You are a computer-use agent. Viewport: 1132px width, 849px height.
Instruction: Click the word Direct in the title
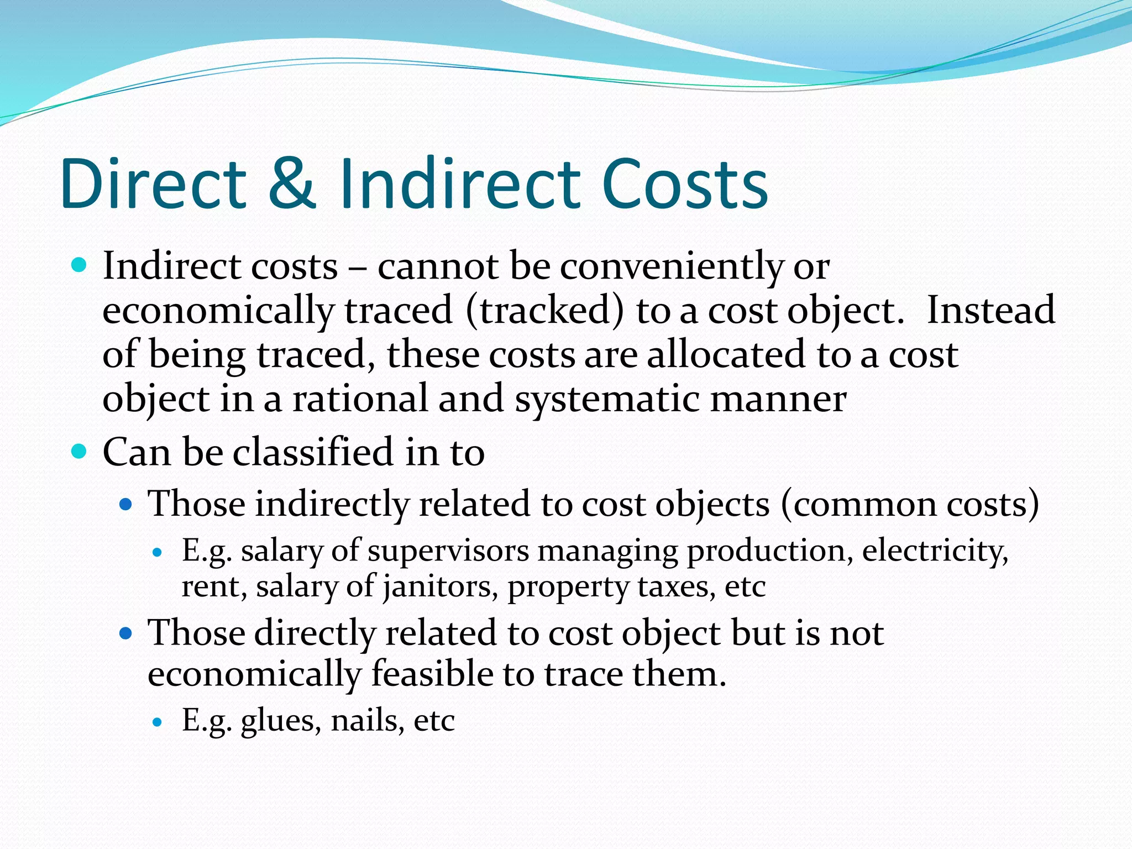pyautogui.click(x=154, y=184)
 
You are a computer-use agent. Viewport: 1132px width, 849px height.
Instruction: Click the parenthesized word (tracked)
pyautogui.click(x=544, y=311)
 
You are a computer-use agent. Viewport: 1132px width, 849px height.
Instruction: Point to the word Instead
pyautogui.click(x=990, y=310)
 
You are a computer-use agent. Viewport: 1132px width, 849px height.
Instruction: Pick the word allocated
pyautogui.click(x=725, y=355)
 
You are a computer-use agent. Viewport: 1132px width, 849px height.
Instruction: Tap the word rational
pyautogui.click(x=360, y=399)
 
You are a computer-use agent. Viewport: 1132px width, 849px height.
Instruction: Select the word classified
pyautogui.click(x=313, y=452)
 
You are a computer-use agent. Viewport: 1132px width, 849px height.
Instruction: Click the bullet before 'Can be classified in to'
pyautogui.click(x=80, y=452)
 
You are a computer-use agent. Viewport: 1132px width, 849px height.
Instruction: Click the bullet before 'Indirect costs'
pyautogui.click(x=80, y=266)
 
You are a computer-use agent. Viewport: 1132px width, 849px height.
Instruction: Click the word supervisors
pyautogui.click(x=448, y=552)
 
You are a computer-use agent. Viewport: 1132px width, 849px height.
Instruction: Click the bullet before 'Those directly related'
pyautogui.click(x=127, y=633)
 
